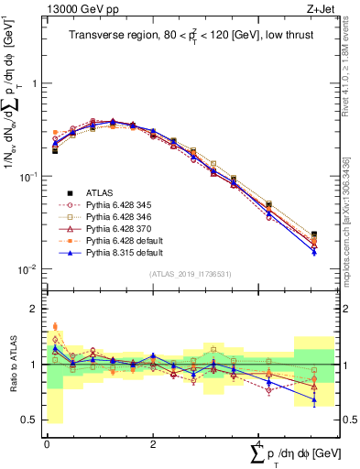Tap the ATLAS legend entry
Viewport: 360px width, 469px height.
101,192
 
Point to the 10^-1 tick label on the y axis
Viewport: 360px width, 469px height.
27,176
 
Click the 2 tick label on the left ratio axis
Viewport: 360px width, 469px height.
34,309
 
